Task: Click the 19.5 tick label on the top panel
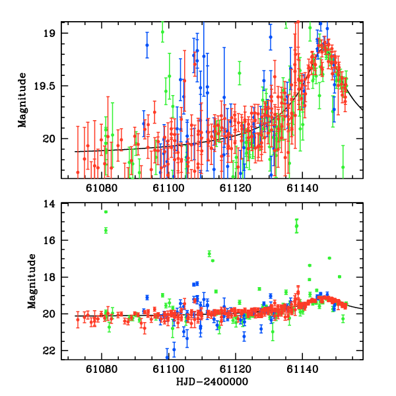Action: pos(50,86)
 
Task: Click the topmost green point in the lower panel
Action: pos(106,212)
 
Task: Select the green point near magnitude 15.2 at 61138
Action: pos(297,226)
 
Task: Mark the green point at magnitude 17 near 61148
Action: pos(329,258)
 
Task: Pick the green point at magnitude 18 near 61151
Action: pos(339,277)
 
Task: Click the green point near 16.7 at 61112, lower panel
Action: pos(209,253)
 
